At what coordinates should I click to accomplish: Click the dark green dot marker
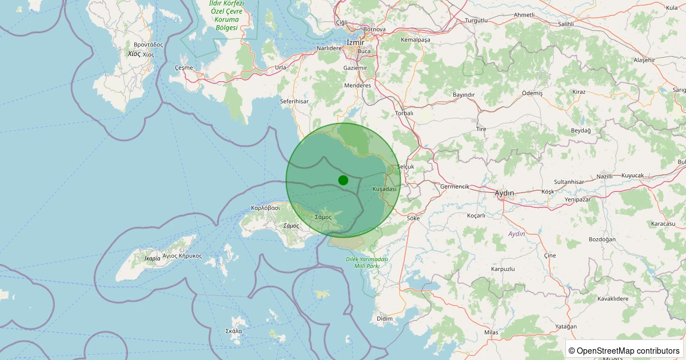343,180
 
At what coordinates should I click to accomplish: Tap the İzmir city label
355,42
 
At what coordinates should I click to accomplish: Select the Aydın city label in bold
504,193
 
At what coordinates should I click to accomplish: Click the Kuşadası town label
384,189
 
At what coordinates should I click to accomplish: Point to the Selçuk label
405,167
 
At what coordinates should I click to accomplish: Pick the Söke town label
413,218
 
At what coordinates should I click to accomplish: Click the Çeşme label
184,67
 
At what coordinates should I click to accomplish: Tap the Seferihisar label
294,101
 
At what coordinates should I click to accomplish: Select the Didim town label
384,318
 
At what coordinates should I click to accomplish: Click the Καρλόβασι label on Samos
265,208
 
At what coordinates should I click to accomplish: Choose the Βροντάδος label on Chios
148,44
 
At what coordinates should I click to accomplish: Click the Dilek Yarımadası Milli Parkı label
367,262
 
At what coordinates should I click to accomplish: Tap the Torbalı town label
404,113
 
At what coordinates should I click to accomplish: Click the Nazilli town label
604,176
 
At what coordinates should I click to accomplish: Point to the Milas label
490,332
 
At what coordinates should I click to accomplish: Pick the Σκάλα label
234,331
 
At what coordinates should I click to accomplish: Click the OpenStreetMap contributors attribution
624,350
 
